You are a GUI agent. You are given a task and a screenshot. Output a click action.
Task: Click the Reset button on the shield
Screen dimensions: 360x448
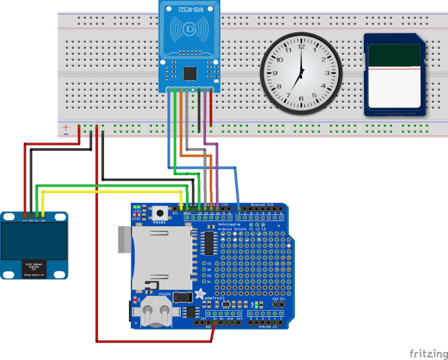pos(160,212)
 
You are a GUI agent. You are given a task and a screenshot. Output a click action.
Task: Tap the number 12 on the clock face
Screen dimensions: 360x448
pos(301,46)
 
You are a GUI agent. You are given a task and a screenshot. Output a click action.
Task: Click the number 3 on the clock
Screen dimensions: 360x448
pos(328,73)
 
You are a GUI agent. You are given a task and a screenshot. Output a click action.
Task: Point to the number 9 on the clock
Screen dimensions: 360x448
pos(274,73)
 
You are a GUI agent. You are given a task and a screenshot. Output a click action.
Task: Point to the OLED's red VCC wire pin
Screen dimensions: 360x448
pos(25,214)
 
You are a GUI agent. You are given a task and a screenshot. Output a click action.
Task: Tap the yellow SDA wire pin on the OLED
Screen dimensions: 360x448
pos(43,214)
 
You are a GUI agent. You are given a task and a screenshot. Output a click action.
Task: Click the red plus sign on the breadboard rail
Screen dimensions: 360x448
pos(65,127)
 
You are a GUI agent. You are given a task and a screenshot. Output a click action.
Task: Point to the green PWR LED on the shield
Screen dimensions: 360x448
pos(256,305)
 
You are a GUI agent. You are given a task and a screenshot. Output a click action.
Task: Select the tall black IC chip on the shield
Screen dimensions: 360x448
pos(210,242)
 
